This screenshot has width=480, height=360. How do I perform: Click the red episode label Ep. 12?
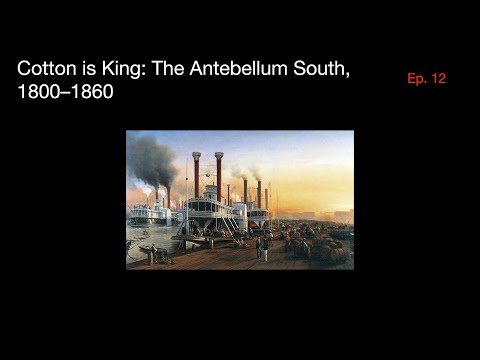click(426, 79)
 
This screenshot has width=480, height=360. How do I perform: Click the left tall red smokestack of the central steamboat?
click(197, 175)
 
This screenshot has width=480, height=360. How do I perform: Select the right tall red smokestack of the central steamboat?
click(219, 175)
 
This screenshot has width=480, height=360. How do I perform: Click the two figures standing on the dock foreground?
click(262, 246)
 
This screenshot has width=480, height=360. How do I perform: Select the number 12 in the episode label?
click(437, 79)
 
